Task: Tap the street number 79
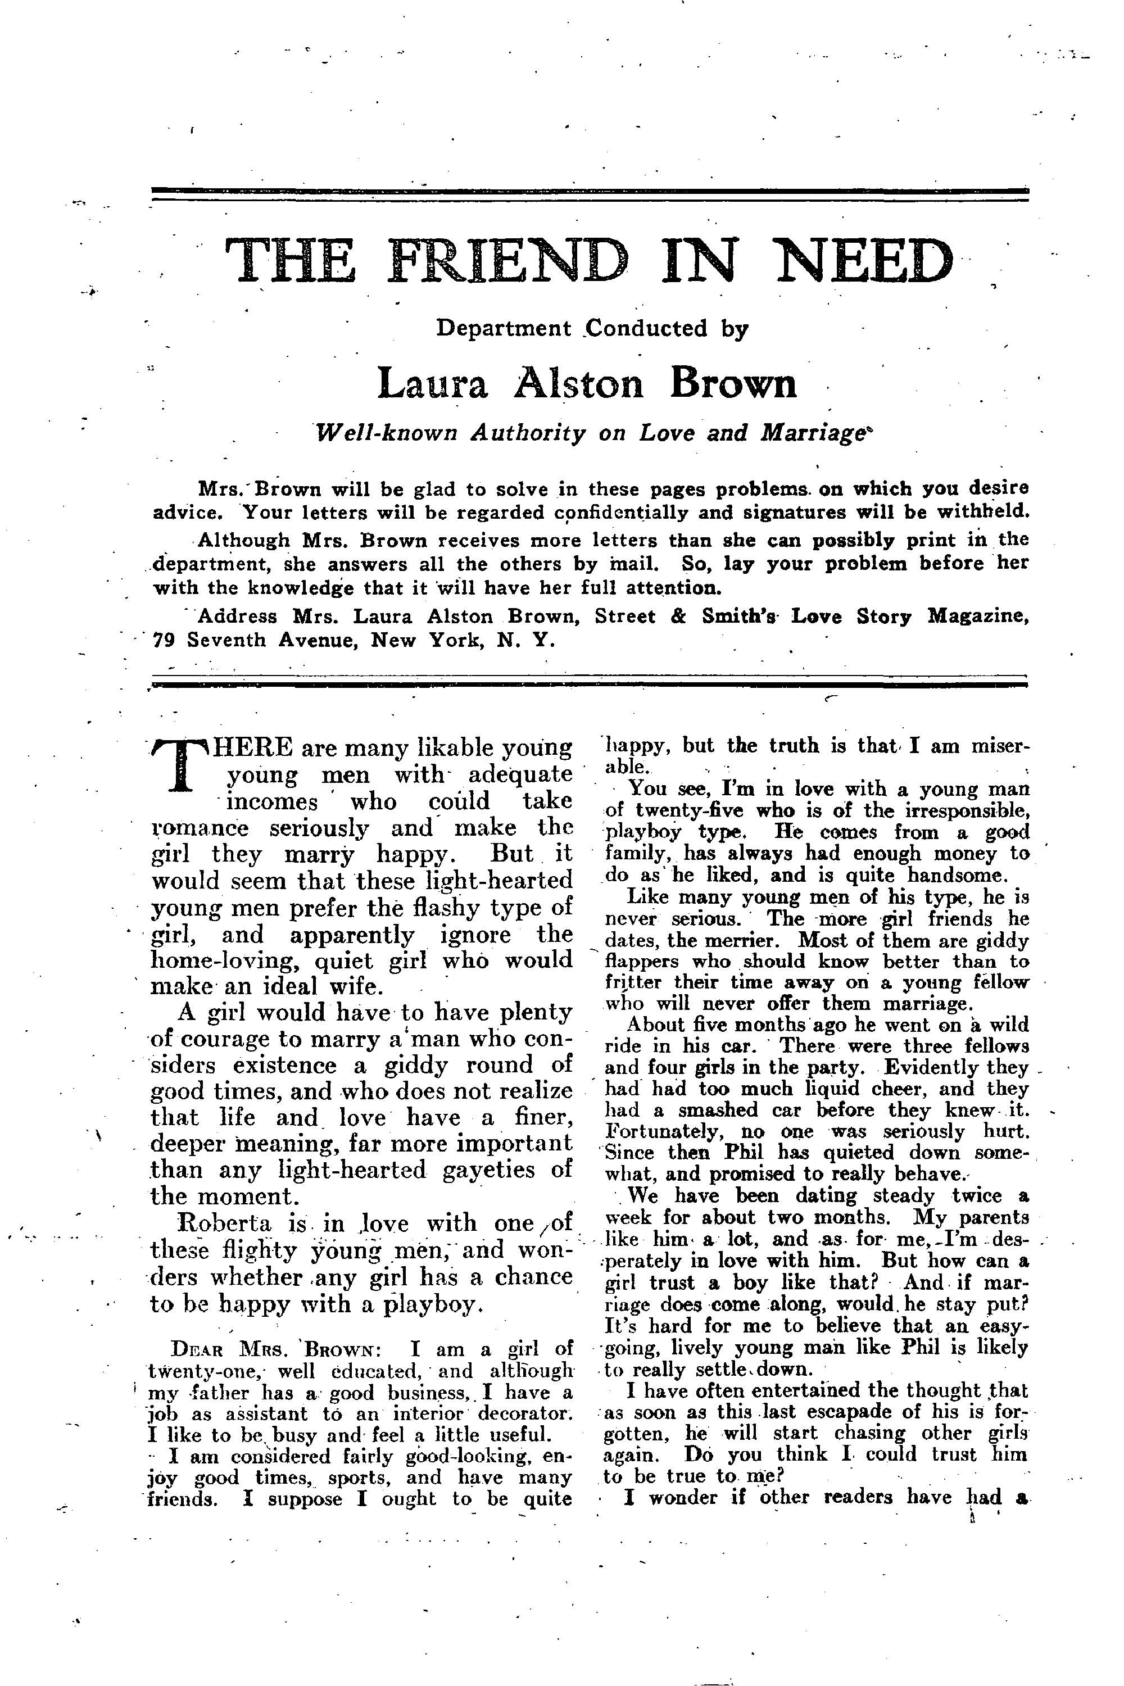coord(165,640)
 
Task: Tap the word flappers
coord(638,960)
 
